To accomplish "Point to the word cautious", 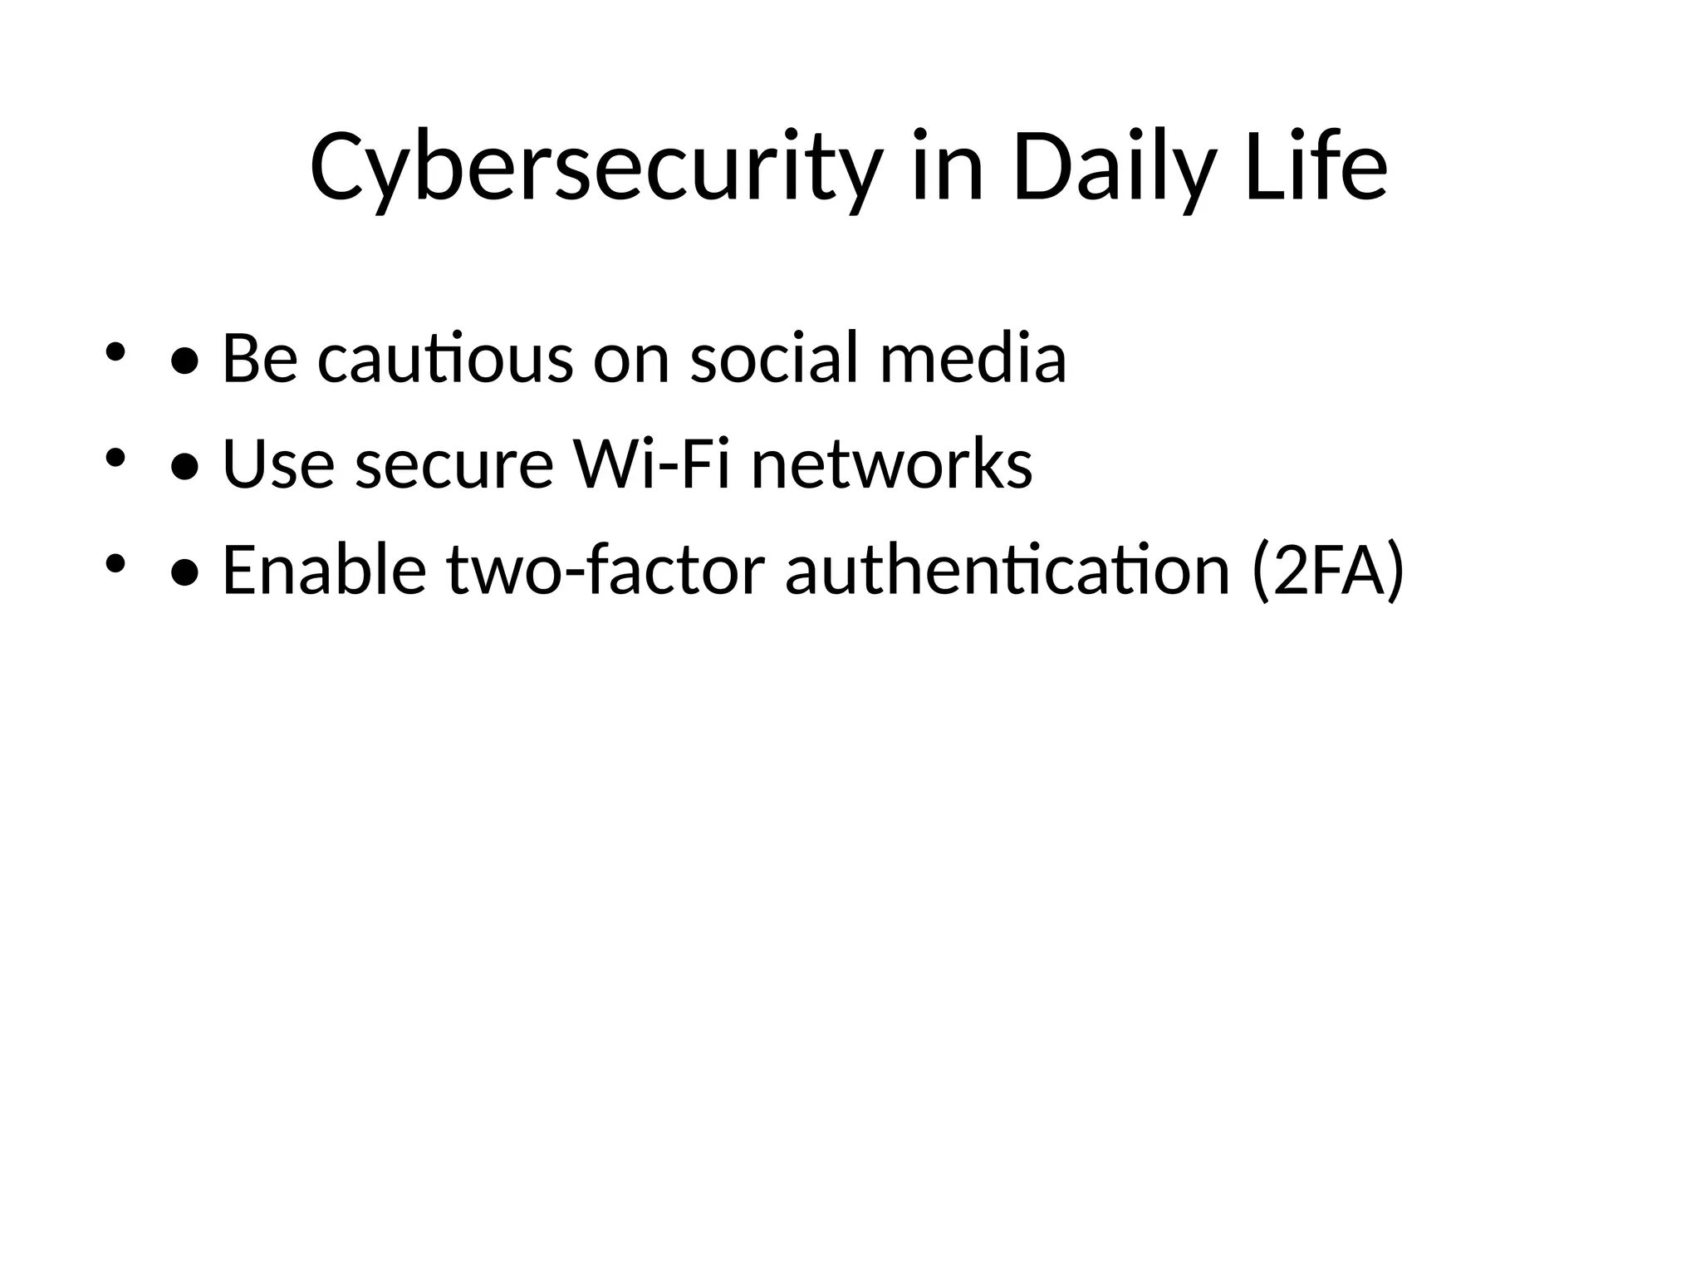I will pyautogui.click(x=445, y=359).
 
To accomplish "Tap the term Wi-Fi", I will pyautogui.click(x=652, y=464).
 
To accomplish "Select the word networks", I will pyautogui.click(x=892, y=464).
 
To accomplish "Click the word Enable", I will pyautogui.click(x=324, y=570).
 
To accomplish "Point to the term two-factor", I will pyautogui.click(x=605, y=570).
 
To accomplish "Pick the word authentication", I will pyautogui.click(x=1007, y=570).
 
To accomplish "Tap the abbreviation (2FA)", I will pyautogui.click(x=1327, y=570).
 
